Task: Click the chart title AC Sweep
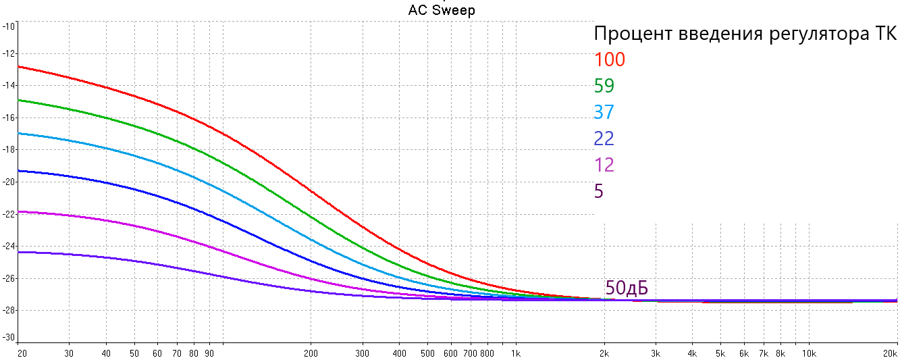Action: click(442, 10)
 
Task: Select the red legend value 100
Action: click(610, 59)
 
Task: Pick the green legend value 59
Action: click(604, 86)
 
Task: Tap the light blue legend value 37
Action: click(604, 112)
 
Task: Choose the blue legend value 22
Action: click(604, 138)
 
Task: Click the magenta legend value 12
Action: click(604, 165)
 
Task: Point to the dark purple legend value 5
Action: click(599, 191)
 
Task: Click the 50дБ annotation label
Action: click(627, 288)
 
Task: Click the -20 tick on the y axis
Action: click(9, 182)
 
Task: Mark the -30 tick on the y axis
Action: click(9, 338)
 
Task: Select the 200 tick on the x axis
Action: click(311, 353)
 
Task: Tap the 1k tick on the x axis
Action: click(515, 353)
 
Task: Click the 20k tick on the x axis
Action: click(891, 353)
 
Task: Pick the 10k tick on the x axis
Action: click(809, 353)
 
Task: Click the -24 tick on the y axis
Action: click(9, 246)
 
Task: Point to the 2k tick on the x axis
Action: click(604, 353)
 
